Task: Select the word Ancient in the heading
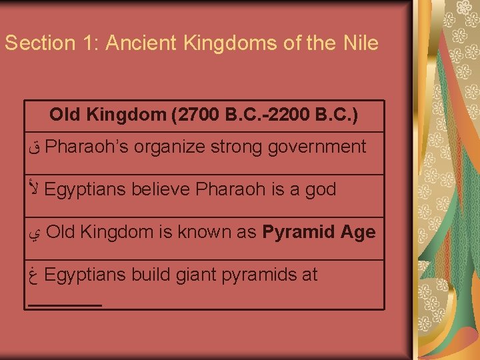(135, 43)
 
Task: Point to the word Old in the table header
(64, 115)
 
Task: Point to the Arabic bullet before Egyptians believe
(35, 189)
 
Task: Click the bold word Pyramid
(297, 232)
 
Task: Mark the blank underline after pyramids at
(65, 304)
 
